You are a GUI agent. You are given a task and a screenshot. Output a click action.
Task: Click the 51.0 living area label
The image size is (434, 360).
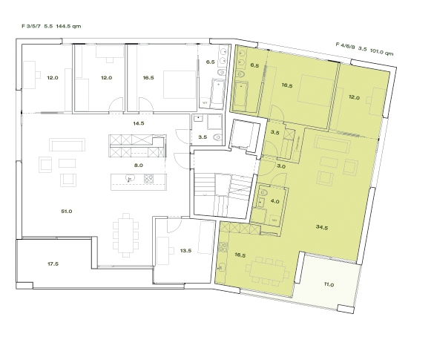point(66,212)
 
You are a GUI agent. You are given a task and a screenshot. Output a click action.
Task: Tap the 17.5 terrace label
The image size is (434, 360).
point(53,264)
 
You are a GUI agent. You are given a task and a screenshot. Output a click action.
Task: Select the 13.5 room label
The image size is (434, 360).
point(185,251)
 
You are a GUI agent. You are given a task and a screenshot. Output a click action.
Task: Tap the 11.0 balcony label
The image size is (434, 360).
point(328,284)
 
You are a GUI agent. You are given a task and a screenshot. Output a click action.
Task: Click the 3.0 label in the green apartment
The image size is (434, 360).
point(281,166)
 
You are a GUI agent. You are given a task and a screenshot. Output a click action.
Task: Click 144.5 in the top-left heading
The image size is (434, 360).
point(67,25)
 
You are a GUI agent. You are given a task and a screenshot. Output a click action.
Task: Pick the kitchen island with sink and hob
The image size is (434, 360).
point(139,180)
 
